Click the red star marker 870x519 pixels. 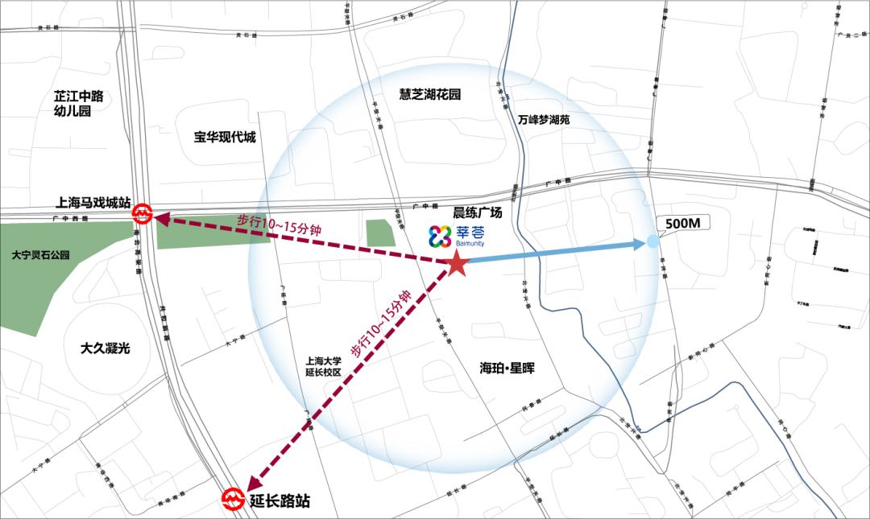(x=457, y=263)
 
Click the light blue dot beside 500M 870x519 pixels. (x=652, y=241)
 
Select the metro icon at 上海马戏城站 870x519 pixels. (x=143, y=214)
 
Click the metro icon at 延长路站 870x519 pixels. (x=233, y=500)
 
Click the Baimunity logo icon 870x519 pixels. (x=440, y=235)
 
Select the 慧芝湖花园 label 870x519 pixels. (x=430, y=94)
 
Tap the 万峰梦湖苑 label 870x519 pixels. (x=544, y=119)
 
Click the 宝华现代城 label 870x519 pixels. (x=225, y=137)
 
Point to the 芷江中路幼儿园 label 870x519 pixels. (x=79, y=104)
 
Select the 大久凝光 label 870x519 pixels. (x=106, y=348)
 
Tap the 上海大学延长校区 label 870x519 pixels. (x=324, y=367)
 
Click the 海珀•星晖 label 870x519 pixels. (x=507, y=368)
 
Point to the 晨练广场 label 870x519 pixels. (x=477, y=212)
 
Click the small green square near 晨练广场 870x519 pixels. (x=380, y=233)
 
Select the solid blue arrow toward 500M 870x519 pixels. (x=556, y=252)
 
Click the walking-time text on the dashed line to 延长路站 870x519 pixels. (x=381, y=324)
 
